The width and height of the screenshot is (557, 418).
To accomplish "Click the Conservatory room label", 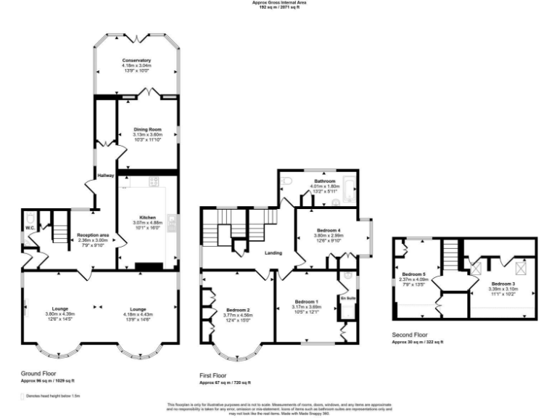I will pos(136,60).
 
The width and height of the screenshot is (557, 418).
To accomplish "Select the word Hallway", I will pos(106,176).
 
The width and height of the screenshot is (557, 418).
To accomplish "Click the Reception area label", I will pos(93,235).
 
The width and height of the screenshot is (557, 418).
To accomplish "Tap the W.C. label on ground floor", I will pos(30,229).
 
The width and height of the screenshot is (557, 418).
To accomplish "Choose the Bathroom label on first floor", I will pos(324,181).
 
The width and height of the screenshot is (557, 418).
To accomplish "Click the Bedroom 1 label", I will pos(307,301).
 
